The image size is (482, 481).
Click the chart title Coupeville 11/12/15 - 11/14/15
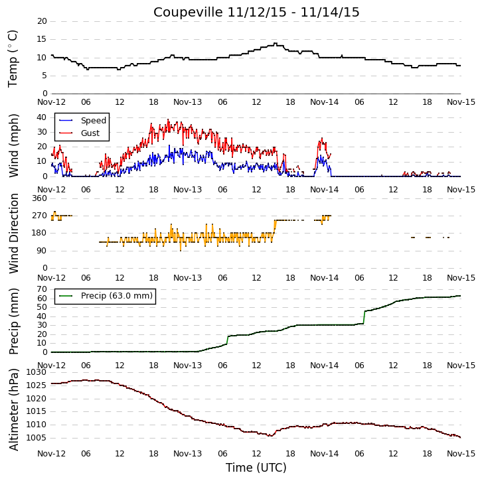(256, 13)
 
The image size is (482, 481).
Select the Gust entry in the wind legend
(80, 133)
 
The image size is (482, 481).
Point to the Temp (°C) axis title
(13, 58)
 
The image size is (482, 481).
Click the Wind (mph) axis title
(13, 145)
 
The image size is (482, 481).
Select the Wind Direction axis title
(13, 234)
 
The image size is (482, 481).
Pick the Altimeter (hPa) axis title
(13, 409)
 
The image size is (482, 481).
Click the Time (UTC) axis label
(256, 468)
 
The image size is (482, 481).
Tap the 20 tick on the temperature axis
(42, 21)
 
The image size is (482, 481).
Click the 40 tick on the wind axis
(42, 117)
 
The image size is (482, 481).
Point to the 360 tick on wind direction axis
(39, 198)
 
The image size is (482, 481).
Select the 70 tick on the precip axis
(42, 289)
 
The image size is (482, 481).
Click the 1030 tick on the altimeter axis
(37, 372)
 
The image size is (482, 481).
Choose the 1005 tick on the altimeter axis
(37, 438)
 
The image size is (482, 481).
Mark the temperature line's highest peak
(275, 44)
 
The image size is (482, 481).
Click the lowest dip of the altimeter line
(270, 435)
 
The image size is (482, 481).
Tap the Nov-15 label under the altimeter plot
(461, 454)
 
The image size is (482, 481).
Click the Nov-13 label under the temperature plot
(187, 102)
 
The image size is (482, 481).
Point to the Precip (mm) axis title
(13, 321)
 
